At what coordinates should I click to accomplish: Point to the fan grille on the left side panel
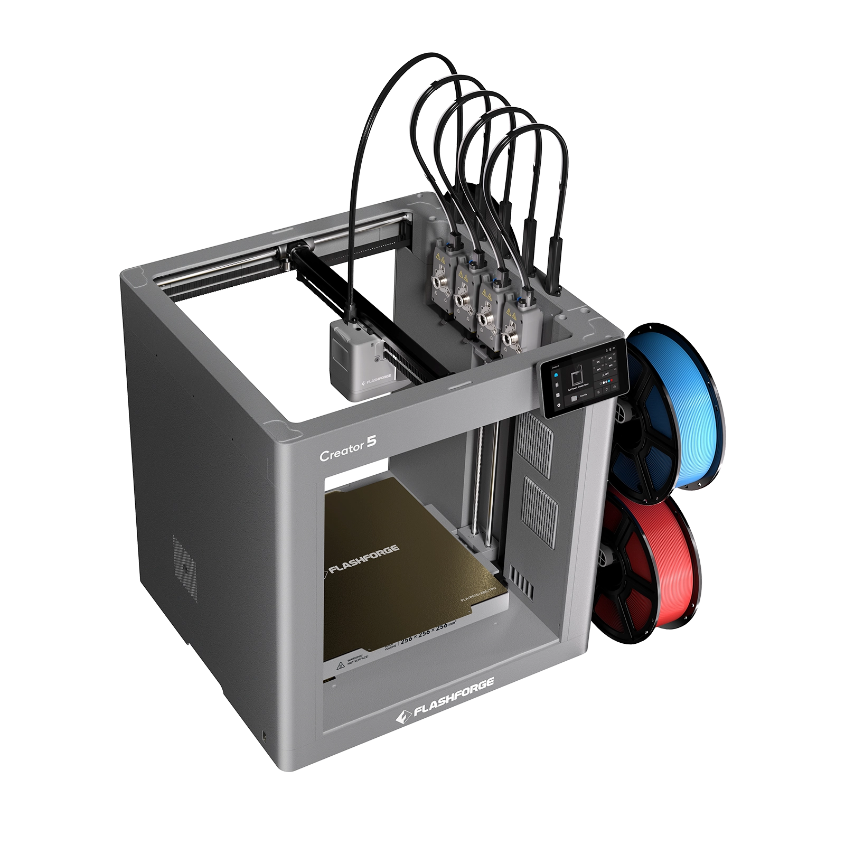185,568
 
